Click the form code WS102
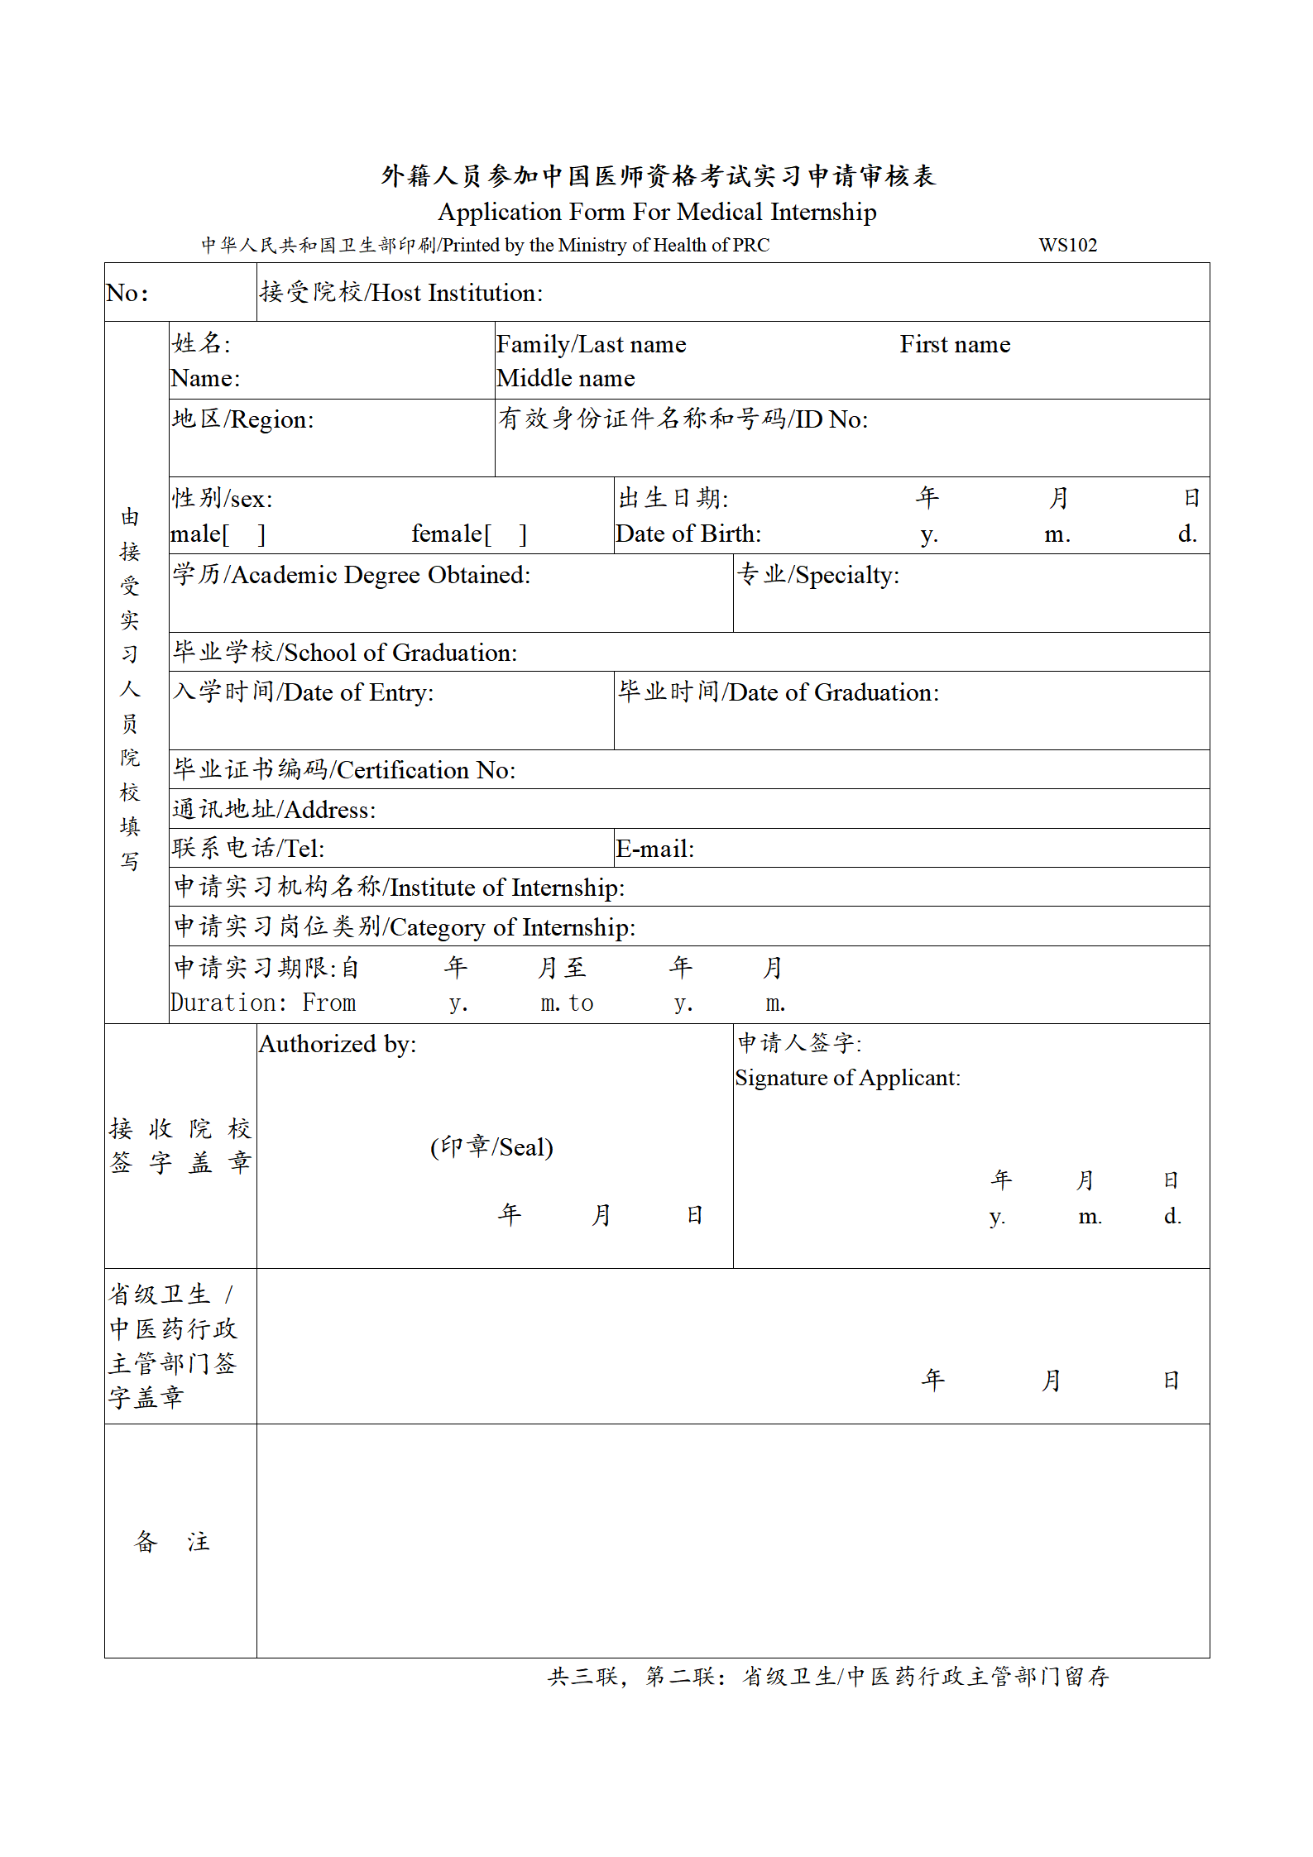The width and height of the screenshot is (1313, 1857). [1067, 245]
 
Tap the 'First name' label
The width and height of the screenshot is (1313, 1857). [955, 344]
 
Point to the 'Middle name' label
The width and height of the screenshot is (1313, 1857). [566, 378]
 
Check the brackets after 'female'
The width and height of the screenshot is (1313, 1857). [506, 534]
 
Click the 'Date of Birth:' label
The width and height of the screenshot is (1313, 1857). [688, 534]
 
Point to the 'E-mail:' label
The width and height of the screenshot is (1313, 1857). [655, 849]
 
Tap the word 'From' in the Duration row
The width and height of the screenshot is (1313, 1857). [328, 1003]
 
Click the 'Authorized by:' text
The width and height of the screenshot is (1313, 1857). [338, 1044]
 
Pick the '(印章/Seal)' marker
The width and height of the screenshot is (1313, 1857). [491, 1147]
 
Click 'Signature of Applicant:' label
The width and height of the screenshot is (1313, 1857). [847, 1078]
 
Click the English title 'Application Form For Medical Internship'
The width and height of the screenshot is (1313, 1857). [657, 212]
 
